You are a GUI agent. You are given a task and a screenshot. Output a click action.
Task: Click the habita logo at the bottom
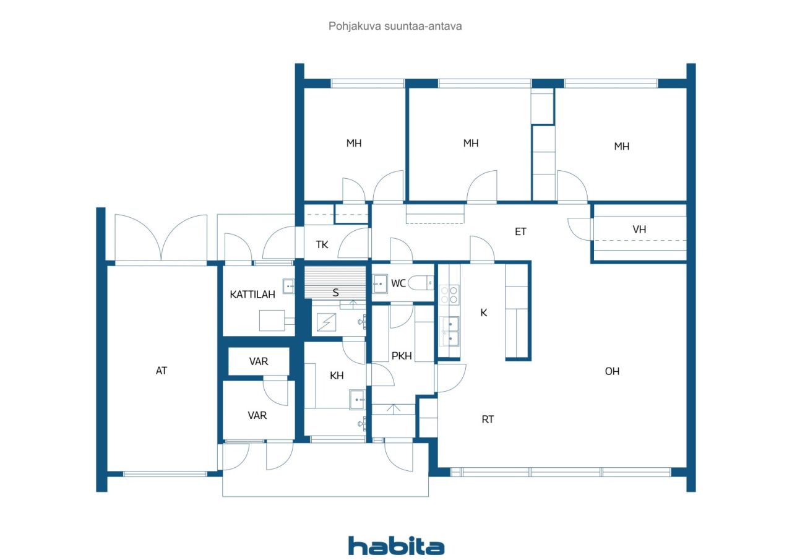(396, 546)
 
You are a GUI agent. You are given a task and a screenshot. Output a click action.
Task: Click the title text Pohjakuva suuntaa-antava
(395, 26)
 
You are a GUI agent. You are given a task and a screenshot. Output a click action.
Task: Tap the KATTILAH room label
(252, 295)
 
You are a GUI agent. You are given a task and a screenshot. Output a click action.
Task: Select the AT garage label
(161, 371)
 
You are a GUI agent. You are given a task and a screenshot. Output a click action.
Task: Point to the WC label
(398, 283)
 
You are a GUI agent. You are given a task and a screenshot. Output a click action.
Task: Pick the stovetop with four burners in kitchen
(449, 295)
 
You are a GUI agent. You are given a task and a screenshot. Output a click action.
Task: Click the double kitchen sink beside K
(450, 331)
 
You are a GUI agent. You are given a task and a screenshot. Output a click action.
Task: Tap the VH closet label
(639, 230)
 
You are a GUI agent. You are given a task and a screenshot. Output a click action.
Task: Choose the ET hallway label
(520, 231)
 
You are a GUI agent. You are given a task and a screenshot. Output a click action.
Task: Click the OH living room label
(612, 371)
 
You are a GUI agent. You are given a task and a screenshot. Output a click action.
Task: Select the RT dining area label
(488, 420)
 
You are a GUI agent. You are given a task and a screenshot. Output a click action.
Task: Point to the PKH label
(402, 356)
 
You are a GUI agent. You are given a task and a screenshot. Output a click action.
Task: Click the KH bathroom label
(337, 376)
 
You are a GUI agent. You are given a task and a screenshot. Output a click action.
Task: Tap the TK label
(322, 244)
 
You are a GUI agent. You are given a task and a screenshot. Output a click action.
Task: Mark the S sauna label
(335, 292)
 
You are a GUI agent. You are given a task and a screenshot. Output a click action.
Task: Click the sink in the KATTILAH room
(288, 286)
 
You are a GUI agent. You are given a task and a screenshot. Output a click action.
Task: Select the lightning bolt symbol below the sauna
(326, 322)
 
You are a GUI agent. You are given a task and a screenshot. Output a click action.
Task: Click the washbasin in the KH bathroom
(357, 400)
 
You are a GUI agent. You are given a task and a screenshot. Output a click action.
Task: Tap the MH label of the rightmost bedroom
(622, 146)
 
